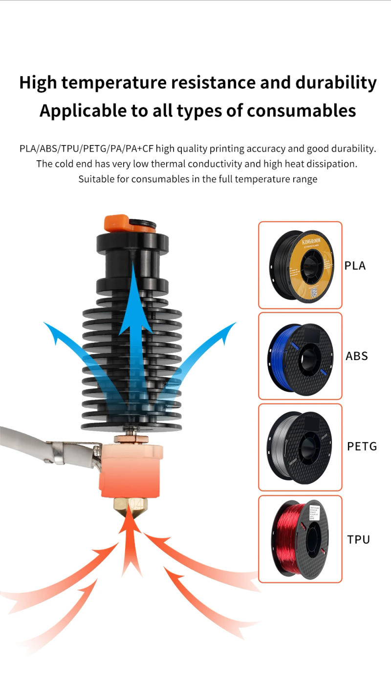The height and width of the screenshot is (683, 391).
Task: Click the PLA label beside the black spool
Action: (x=355, y=266)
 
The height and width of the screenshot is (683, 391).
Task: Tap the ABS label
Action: (x=356, y=356)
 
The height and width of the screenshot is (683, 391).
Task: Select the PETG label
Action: (x=362, y=446)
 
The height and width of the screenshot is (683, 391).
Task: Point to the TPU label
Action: (x=358, y=539)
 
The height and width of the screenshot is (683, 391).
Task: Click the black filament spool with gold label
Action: (x=300, y=265)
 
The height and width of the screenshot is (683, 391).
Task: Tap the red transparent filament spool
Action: (x=300, y=538)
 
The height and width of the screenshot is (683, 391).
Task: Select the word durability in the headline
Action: (x=336, y=83)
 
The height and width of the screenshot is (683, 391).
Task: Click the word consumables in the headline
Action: (x=301, y=111)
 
